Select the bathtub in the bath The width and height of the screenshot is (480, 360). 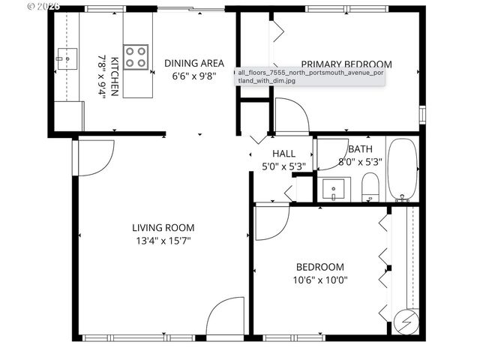[403, 169]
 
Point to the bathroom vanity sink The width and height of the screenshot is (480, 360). [331, 187]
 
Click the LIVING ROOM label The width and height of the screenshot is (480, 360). [163, 228]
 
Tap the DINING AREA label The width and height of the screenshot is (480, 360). [190, 63]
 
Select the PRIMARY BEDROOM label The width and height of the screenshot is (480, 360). [346, 64]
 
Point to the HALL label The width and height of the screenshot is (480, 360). [283, 154]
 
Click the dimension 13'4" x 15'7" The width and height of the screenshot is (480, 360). [163, 241]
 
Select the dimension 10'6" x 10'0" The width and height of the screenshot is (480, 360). [320, 280]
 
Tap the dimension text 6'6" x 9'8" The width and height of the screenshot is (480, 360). [190, 76]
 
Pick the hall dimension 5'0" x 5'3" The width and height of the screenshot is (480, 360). [283, 166]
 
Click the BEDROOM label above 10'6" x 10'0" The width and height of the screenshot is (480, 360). [320, 267]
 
